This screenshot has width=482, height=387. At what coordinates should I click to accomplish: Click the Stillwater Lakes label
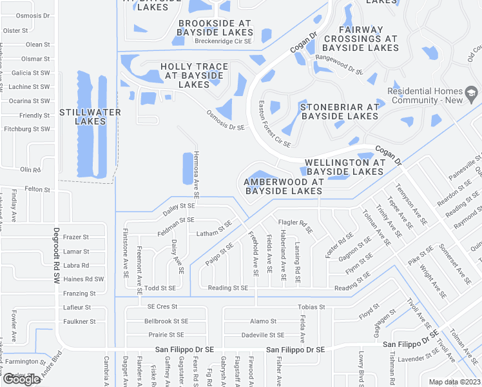(x=90, y=117)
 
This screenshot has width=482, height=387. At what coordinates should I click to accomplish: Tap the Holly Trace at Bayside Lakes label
(x=194, y=75)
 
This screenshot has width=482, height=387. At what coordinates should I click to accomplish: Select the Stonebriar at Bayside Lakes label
(x=339, y=112)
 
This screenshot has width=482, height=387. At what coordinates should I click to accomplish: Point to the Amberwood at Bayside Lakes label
(x=283, y=187)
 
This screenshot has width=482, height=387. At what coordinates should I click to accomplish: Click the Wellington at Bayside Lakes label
(x=345, y=167)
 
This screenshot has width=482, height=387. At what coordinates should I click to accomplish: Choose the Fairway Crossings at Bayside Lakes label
(x=360, y=39)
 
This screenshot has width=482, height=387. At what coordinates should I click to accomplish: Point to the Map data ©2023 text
(x=455, y=382)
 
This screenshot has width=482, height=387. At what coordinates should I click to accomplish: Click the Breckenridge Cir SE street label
(x=223, y=41)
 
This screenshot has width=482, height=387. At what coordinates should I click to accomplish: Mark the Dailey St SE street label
(x=178, y=206)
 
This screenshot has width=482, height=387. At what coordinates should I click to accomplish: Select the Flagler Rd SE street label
(x=295, y=226)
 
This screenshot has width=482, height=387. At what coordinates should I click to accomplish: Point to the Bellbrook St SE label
(x=166, y=321)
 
